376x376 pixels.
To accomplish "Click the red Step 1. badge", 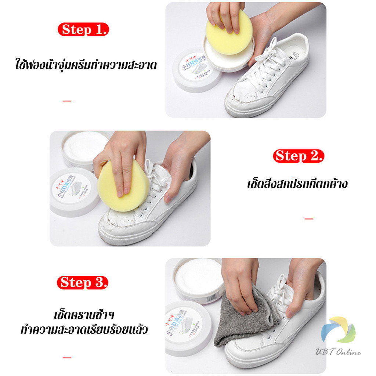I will point(84,29).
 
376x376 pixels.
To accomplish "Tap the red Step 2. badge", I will point(299,156).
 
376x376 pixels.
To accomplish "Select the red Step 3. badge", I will point(84,282).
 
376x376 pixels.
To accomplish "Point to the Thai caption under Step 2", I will point(297,183).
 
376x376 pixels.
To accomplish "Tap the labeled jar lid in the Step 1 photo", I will point(197,72).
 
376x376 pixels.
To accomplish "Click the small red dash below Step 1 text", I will point(67,101).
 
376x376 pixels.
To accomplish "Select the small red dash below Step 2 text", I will point(309,219).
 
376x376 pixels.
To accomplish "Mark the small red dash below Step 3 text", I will point(67,357).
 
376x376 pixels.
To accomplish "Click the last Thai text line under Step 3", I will point(84,329).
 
